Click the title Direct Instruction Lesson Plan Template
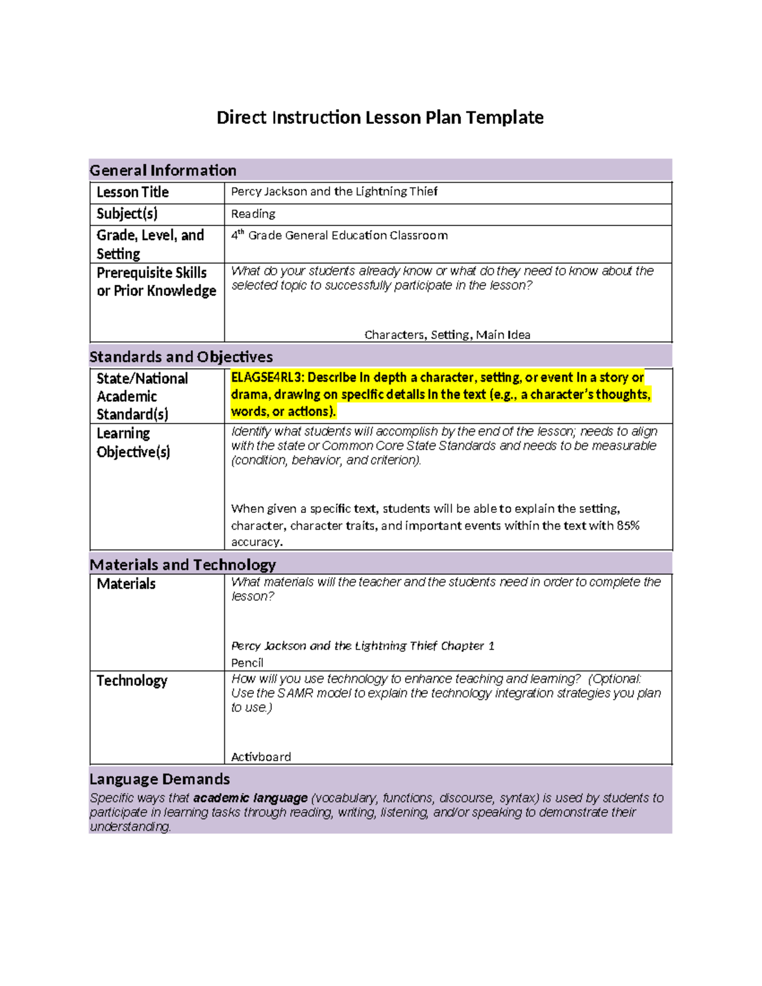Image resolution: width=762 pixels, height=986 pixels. click(380, 117)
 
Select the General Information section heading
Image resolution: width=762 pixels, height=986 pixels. click(163, 170)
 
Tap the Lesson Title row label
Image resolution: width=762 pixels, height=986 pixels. click(133, 192)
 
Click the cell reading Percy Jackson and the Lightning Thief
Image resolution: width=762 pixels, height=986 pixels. click(334, 191)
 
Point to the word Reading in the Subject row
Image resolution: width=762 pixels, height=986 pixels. click(253, 214)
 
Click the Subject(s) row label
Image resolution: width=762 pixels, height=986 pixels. click(127, 214)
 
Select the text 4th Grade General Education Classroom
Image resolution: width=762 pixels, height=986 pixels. click(339, 236)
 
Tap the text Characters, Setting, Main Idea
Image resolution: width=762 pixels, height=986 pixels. click(447, 335)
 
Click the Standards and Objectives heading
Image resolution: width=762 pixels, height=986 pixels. click(181, 357)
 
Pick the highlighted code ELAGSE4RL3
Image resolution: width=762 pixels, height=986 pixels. click(266, 378)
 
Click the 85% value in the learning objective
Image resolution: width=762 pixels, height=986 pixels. click(627, 526)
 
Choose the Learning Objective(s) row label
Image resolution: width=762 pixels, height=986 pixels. click(133, 443)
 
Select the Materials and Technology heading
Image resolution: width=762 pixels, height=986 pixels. click(182, 564)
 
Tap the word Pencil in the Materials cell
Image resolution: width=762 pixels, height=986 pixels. click(247, 663)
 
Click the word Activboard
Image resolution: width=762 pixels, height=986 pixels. click(261, 757)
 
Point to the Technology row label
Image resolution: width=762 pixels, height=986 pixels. click(131, 681)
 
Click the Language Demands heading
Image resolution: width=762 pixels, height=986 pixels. click(159, 779)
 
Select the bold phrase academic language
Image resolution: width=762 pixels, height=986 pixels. click(250, 798)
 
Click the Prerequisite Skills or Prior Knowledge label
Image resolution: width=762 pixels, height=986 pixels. click(156, 282)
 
